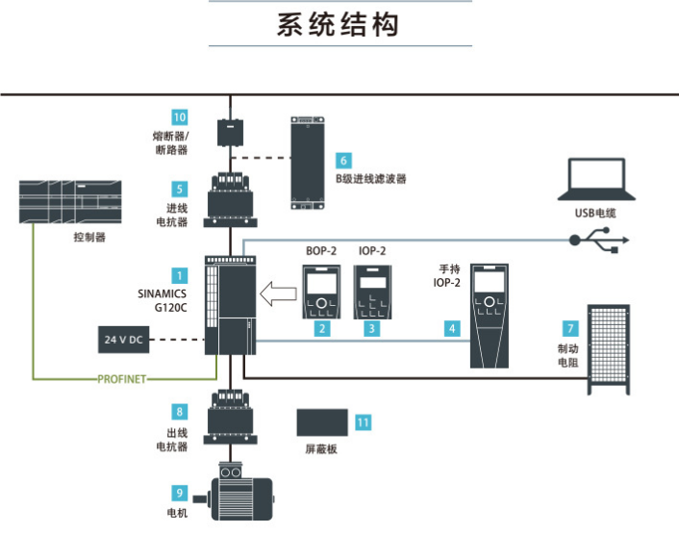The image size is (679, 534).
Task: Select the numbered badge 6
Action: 343,161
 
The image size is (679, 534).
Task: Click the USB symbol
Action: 602,242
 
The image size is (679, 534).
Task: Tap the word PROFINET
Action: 122,379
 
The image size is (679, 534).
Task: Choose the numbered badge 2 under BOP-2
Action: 323,328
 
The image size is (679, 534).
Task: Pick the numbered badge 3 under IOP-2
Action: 371,328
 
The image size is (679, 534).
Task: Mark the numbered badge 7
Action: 570,328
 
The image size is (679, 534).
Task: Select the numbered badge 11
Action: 363,421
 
